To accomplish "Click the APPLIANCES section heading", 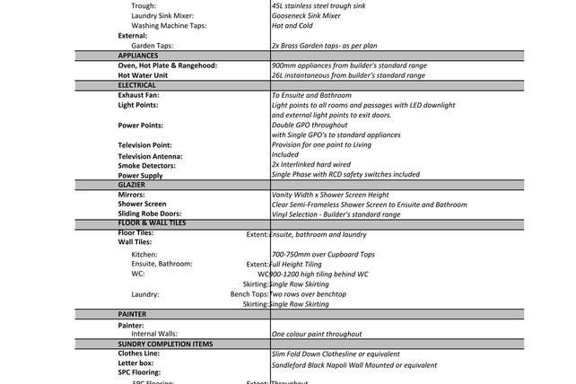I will (138, 56).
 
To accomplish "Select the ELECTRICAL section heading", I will (137, 85).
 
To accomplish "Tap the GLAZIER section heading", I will (132, 184).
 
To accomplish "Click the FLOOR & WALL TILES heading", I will (152, 223).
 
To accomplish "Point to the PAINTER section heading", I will (132, 315).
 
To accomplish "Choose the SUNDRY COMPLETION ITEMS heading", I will (165, 344).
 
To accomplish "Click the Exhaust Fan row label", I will (138, 95).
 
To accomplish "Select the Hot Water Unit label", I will (143, 75).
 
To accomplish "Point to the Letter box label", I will (135, 364).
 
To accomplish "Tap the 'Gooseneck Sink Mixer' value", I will (306, 16).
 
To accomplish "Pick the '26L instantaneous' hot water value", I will (348, 75).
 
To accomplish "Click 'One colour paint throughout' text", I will (317, 333).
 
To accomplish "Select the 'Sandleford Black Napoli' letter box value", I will (353, 365).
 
